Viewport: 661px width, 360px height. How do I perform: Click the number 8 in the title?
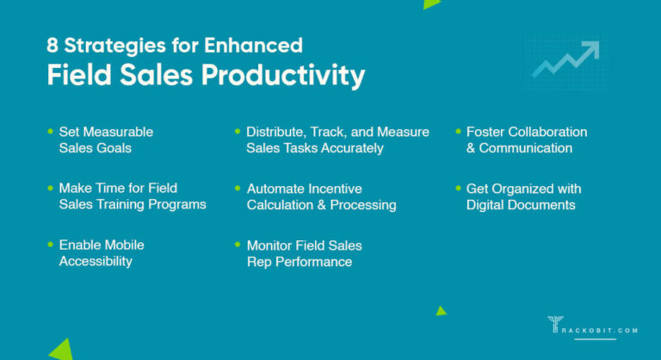[53, 46]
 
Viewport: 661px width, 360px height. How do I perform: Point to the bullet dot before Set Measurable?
[50, 131]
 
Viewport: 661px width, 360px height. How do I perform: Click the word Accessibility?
[96, 261]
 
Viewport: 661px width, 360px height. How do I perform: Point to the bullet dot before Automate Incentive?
[238, 187]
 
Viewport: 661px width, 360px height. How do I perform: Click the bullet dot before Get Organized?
[457, 187]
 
